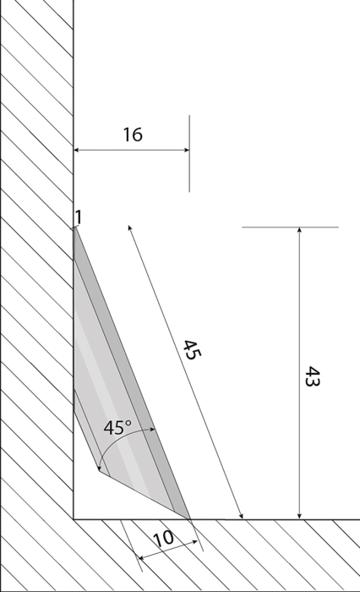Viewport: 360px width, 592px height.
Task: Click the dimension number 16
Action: (x=133, y=134)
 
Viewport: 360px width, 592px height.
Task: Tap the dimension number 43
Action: (x=312, y=376)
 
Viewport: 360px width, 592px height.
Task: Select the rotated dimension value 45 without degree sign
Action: (x=193, y=350)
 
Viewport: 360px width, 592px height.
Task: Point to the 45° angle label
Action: (x=117, y=428)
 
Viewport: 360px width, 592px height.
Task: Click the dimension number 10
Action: (x=164, y=539)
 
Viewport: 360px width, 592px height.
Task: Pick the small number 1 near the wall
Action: (x=78, y=217)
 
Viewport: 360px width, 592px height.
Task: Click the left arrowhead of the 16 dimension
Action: (x=76, y=150)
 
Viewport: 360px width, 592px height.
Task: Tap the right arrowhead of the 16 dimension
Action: (x=187, y=150)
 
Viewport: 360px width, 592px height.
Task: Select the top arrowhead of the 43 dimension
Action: (x=300, y=230)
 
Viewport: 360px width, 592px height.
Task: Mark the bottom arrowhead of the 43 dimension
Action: (x=300, y=516)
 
